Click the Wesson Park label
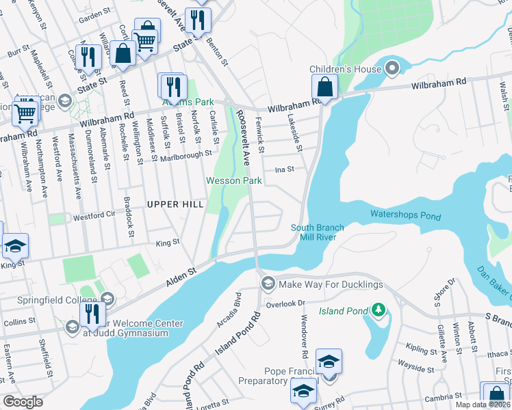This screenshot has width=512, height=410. coord(234,181)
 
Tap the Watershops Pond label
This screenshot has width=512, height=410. coord(406,215)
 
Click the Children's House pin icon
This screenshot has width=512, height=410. coord(392,68)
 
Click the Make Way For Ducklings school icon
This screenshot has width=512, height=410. coord(268,283)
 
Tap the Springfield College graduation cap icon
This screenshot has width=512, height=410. coord(107,299)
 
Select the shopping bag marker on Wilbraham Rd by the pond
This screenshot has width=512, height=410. coord(325,87)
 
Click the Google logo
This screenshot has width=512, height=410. coord(23,402)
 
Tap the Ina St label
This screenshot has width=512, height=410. coord(284,169)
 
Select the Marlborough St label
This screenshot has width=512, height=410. coord(186,155)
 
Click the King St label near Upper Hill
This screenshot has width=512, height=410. coord(168,242)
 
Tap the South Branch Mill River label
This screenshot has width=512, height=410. coord(318,232)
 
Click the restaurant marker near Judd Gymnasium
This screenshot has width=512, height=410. coord(89,314)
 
